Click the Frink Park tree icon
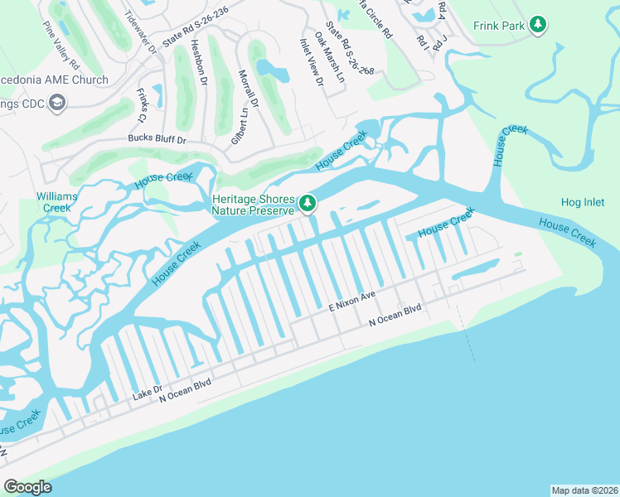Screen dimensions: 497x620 539,26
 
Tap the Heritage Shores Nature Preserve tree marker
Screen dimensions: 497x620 308,203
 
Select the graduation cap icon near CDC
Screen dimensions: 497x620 58,102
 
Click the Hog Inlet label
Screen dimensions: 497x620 584,202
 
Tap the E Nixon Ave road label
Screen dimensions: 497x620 352,300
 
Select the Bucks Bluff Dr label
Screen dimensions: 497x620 157,140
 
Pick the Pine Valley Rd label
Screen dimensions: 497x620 61,51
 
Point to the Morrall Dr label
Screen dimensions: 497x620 249,89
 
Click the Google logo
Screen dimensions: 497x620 27,487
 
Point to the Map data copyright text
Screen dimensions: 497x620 584,490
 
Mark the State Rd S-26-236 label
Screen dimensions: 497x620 196,28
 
